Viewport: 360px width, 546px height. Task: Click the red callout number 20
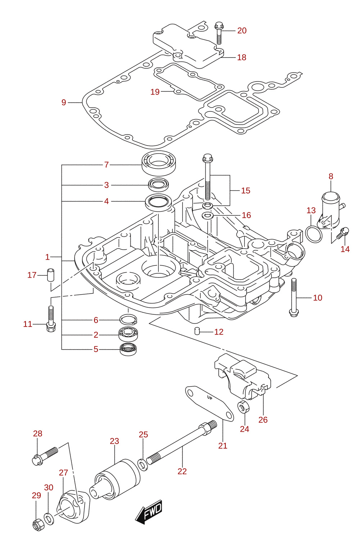click(x=242, y=31)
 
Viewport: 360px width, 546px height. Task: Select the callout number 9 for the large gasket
click(x=64, y=103)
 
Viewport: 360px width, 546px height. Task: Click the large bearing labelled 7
click(x=159, y=163)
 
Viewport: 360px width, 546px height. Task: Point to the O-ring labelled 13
click(x=314, y=234)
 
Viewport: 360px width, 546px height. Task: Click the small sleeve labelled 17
click(x=51, y=275)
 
